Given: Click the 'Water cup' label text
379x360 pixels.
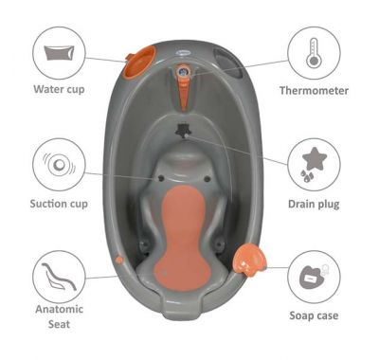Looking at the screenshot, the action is [59, 89].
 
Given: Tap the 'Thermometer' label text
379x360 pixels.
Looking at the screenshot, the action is [314, 91].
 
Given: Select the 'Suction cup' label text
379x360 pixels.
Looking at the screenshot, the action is [59, 204].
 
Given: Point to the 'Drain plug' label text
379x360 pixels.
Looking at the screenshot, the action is [314, 204].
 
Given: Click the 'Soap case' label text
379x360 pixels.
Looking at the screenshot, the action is [314, 315].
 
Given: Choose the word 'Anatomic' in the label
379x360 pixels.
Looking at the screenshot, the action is [59, 309].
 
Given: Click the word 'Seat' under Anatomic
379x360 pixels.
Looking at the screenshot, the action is [59, 324].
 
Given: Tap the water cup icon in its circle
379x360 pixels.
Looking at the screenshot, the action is [59, 53].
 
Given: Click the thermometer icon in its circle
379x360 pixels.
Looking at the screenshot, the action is [313, 53].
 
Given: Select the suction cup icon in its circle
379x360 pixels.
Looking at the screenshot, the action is [59, 165].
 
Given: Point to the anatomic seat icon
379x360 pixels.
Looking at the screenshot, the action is [59, 277].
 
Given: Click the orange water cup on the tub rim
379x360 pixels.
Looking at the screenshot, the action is [139, 62].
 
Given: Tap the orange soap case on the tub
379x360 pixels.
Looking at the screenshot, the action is [249, 260].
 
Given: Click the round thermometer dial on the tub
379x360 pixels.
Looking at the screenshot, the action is [183, 71].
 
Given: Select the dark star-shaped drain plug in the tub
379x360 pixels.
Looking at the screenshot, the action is [183, 130].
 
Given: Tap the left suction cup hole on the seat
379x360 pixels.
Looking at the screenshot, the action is [161, 178].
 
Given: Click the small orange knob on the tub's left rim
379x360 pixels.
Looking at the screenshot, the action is [119, 260].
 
